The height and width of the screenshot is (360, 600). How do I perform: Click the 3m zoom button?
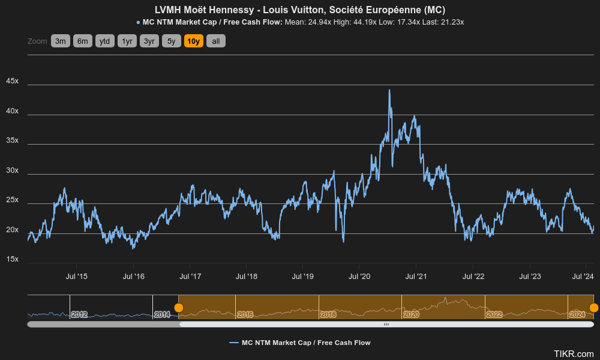61,41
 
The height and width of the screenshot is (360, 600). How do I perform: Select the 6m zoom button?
83,41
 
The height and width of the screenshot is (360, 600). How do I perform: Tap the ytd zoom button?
105,41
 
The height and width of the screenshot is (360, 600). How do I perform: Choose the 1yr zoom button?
127,41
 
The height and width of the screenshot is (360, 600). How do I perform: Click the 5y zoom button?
172,41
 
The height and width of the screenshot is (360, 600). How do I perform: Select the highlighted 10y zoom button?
194,41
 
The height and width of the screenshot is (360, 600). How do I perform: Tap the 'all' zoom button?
216,41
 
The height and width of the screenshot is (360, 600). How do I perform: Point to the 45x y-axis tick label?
12,81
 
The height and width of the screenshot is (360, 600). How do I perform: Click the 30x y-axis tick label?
12,170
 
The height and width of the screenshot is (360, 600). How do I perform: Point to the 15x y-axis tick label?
12,259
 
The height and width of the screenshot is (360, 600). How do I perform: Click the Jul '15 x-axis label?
76,277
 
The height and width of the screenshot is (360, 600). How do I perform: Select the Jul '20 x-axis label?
359,277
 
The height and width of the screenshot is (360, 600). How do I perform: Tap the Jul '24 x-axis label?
583,277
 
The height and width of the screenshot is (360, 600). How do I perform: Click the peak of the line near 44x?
389,90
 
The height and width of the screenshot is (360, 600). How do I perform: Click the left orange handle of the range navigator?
179,308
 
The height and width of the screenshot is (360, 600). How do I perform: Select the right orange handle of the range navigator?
593,308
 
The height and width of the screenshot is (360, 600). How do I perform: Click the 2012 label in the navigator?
79,314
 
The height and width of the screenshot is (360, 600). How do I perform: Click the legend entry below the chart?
300,343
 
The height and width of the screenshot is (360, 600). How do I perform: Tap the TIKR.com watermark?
574,354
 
